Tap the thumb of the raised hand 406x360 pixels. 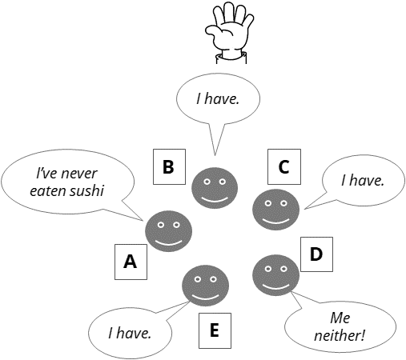pyautogui.click(x=215, y=31)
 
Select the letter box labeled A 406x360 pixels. pyautogui.click(x=131, y=262)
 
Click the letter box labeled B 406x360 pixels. pyautogui.click(x=169, y=166)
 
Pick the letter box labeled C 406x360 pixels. pyautogui.click(x=284, y=166)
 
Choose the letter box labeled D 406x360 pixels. pyautogui.click(x=316, y=254)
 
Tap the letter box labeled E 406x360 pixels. pyautogui.click(x=215, y=330)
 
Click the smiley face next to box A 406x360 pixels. pyautogui.click(x=168, y=231)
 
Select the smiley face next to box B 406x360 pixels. pyautogui.click(x=215, y=188)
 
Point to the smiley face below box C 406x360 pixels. pyautogui.click(x=275, y=210)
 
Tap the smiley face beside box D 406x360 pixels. pyautogui.click(x=275, y=275)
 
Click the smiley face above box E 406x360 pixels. pyautogui.click(x=205, y=286)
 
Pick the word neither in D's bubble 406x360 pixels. pyautogui.click(x=339, y=335)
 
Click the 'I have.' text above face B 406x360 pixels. pyautogui.click(x=218, y=98)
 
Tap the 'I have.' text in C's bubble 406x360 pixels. pyautogui.click(x=363, y=180)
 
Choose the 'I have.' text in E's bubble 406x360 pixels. pyautogui.click(x=130, y=333)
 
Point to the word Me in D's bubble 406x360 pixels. pyautogui.click(x=340, y=318)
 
